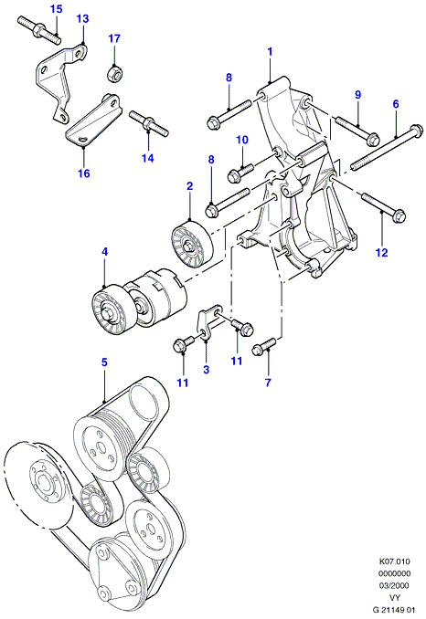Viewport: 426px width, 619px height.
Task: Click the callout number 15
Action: tap(57, 9)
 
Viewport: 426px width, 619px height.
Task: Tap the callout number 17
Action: tap(114, 38)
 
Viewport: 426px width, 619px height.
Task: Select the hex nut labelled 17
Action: tap(114, 73)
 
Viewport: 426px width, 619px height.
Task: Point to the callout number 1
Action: tap(271, 51)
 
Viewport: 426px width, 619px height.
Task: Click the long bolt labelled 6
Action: tap(386, 147)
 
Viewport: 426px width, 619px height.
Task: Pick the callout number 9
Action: tap(358, 95)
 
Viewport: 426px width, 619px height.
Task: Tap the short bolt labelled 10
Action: tap(240, 173)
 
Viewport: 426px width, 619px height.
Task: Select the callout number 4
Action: tap(104, 251)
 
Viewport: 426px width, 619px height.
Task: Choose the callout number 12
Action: tap(382, 252)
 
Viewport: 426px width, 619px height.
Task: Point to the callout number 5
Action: tap(104, 362)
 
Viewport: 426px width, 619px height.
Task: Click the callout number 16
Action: tap(84, 173)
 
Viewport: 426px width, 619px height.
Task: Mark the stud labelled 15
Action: tap(39, 29)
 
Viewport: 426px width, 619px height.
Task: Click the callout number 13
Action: tap(82, 18)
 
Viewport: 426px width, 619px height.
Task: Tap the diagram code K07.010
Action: tap(395, 561)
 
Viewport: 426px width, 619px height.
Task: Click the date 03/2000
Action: tap(395, 585)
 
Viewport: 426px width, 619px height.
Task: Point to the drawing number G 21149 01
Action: tap(394, 610)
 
